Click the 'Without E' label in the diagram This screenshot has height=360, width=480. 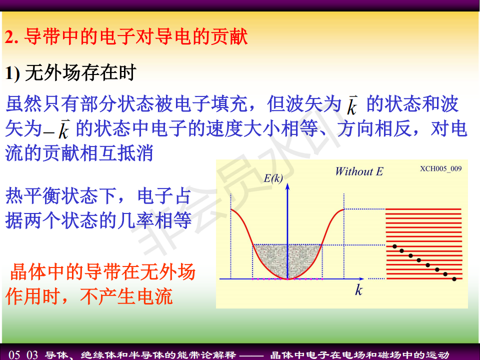359,171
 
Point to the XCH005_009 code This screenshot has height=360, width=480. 441,168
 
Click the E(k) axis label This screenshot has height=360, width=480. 273,178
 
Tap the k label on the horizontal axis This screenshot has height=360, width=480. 359,289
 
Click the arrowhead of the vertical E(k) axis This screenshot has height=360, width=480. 287,186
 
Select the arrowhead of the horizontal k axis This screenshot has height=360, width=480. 361,279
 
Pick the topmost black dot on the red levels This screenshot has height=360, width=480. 395,246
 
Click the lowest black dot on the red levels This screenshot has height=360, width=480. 454,279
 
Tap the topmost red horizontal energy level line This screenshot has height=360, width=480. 423,209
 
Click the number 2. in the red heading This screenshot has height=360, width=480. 11,37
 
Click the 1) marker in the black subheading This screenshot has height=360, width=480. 12,73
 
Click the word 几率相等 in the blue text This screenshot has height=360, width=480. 154,220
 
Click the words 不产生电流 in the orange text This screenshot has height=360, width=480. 126,296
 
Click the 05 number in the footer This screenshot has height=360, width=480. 14,355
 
